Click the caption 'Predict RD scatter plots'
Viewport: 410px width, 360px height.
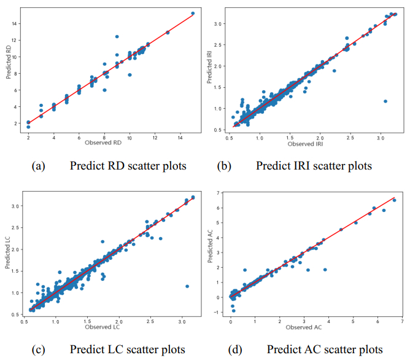click(x=127, y=165)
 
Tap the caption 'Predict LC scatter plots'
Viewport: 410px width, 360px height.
click(x=127, y=349)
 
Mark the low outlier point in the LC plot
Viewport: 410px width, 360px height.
click(x=187, y=286)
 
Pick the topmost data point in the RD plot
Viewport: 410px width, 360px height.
click(x=193, y=13)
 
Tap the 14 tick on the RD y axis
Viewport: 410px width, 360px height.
click(x=17, y=23)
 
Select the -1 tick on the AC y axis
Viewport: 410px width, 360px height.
click(x=222, y=312)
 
